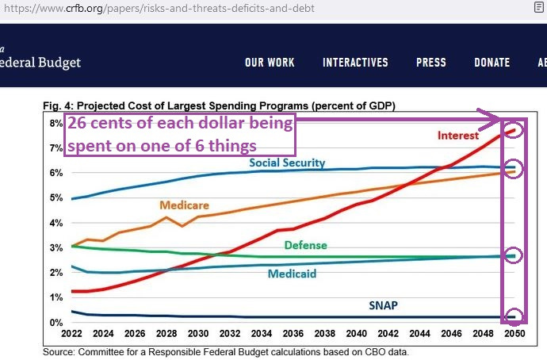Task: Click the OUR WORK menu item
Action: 270,63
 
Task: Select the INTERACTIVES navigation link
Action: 355,63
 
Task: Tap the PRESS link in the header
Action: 431,63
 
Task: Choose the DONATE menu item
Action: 492,63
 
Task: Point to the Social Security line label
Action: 287,163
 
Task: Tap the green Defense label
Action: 305,246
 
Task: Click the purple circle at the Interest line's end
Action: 514,129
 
